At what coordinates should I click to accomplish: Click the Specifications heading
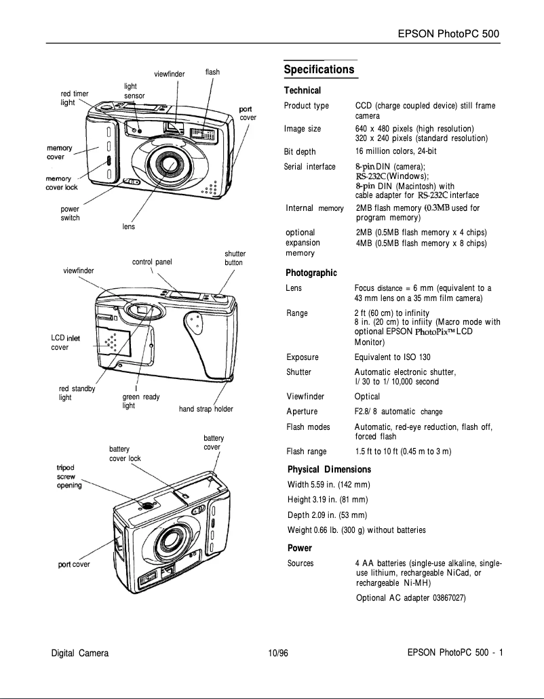tap(319, 70)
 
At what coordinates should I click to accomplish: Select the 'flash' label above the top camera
tap(212, 72)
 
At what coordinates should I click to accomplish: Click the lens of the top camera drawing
tap(165, 163)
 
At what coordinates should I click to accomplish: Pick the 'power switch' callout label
tap(71, 214)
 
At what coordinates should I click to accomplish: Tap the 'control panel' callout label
tap(152, 260)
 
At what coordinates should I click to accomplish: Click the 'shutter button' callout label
tap(234, 258)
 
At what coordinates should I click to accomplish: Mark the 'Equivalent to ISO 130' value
tap(392, 357)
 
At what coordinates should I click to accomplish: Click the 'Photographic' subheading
tap(312, 273)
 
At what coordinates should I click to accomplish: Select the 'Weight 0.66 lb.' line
tap(357, 530)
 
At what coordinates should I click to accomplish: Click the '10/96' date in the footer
tap(278, 654)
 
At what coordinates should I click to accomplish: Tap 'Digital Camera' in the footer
tap(80, 654)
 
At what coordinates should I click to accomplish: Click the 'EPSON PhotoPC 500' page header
tap(449, 34)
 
